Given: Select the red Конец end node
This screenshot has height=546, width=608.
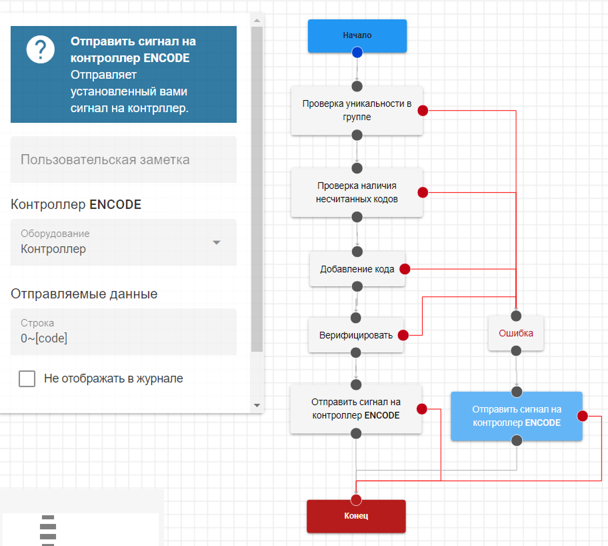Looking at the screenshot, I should pos(356,516).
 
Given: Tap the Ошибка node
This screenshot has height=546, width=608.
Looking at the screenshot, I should pos(515,332).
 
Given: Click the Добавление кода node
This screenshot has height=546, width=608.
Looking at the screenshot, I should pos(357,270).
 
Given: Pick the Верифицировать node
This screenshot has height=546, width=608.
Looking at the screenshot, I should pos(355,335).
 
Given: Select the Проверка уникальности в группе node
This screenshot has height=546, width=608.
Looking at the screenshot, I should pos(357,110).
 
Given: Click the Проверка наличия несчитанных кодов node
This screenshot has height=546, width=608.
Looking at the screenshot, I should pos(357,192).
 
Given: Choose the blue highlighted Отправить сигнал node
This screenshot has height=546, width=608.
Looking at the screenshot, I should pos(516,416).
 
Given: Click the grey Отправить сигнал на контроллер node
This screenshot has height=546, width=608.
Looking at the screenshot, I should pos(355,409).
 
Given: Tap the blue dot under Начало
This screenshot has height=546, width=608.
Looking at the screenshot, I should pos(357,52).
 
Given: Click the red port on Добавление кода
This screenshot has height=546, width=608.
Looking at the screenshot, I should pos(405,270).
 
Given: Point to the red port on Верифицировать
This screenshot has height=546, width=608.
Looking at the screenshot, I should pos(403,335).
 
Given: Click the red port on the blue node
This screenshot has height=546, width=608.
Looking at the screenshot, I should pos(582,417).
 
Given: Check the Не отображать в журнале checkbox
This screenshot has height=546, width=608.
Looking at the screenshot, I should pos(27,379).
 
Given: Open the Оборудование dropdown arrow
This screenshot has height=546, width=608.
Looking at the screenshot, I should pos(216,242).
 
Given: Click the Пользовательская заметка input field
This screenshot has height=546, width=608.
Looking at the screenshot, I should pos(123,160).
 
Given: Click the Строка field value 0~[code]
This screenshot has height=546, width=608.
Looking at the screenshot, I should pos(44,338).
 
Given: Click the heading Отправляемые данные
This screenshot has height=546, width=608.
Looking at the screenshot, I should pos(84,294).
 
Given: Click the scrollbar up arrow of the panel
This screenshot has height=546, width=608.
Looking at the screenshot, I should pos(257,20).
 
